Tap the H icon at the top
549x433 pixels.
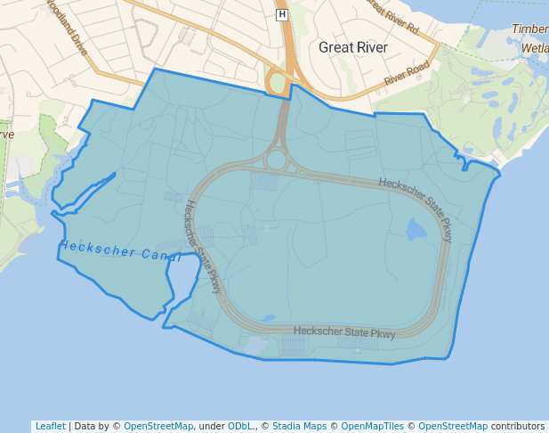coord(282,14)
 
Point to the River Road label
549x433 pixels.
coord(407,76)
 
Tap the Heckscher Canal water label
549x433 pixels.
coord(121,251)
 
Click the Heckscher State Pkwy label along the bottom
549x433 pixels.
coord(344,331)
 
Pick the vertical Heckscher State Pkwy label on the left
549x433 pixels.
coord(203,247)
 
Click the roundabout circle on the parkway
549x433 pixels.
coord(276,160)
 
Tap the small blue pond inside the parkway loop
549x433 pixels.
coord(416,231)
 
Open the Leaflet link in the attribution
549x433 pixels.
coord(50,426)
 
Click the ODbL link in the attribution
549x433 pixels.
coord(241,426)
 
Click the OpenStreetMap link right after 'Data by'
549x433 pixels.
coord(158,426)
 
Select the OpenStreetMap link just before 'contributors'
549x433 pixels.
coord(453,426)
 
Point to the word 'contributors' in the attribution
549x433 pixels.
coord(518,426)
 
